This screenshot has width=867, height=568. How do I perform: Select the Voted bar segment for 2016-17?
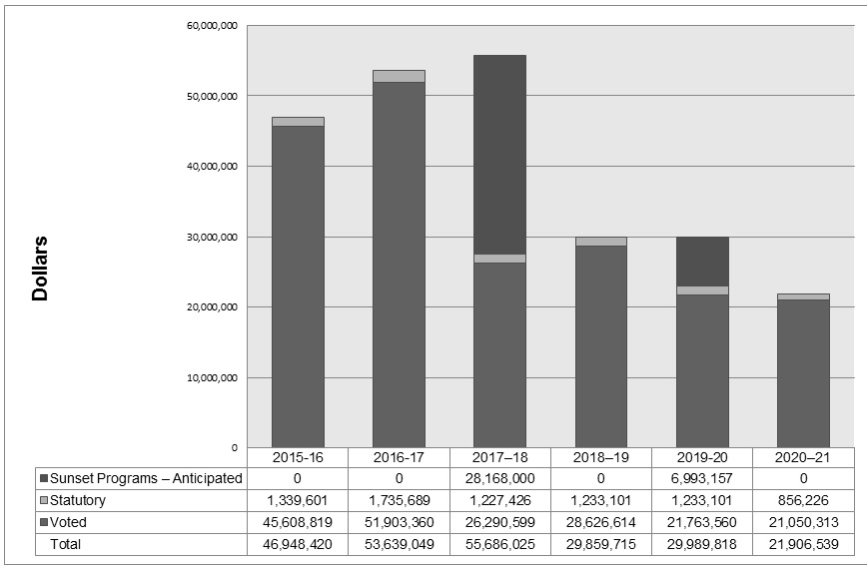[399, 265]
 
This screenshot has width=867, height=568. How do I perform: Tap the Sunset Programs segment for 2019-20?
[702, 262]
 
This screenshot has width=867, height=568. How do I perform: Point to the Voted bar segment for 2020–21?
[803, 373]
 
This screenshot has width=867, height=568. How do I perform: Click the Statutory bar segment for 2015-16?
[298, 122]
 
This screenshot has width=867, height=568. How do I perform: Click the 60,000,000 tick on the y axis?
[212, 25]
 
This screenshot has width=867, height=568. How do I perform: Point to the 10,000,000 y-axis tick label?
[212, 377]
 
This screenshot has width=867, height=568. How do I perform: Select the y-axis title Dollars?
[41, 268]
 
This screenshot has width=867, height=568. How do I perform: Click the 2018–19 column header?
[600, 457]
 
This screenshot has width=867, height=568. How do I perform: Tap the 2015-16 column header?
[298, 457]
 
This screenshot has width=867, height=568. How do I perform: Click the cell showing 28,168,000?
[499, 478]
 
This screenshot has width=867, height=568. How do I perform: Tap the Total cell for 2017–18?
[499, 544]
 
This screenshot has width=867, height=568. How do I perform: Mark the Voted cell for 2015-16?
[298, 522]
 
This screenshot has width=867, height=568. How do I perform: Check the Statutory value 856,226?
[803, 500]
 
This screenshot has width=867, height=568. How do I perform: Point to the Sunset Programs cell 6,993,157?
[702, 478]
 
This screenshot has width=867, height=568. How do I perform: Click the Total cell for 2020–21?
[803, 544]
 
